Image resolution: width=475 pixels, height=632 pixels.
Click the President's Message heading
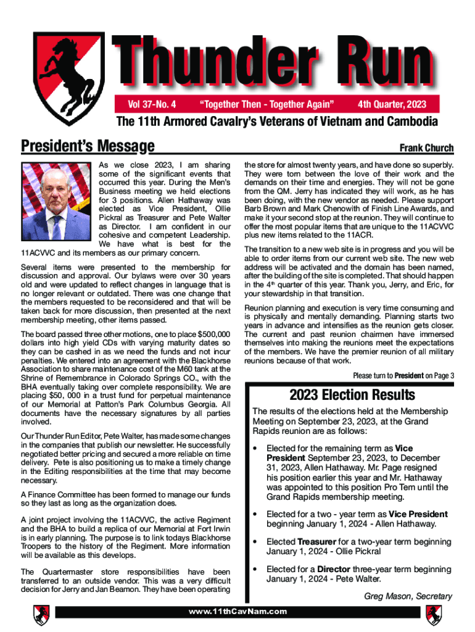87,146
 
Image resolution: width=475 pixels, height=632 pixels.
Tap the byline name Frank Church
426,148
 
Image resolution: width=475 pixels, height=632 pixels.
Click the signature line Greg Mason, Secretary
408,596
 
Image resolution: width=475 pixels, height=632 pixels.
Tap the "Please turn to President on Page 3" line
403,375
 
